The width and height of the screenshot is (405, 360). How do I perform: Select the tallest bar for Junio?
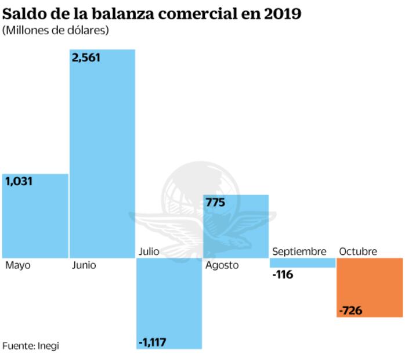pyautogui.click(x=103, y=154)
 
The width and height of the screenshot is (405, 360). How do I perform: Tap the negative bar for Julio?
pyautogui.click(x=169, y=303)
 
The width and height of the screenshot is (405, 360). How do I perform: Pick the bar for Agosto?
pyautogui.click(x=236, y=226)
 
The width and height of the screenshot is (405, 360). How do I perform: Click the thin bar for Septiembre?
pyautogui.click(x=303, y=263)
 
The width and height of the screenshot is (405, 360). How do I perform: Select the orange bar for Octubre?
pyautogui.click(x=370, y=287)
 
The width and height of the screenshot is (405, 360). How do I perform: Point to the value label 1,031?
pyautogui.click(x=19, y=181)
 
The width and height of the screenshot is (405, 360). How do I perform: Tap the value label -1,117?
pyautogui.click(x=153, y=341)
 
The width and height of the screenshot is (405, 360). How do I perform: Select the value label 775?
pyautogui.click(x=215, y=202)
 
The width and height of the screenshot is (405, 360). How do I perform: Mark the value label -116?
pyautogui.click(x=283, y=275)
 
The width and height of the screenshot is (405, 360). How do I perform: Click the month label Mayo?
pyautogui.click(x=18, y=265)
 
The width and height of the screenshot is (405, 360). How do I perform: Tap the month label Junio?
pyautogui.click(x=84, y=265)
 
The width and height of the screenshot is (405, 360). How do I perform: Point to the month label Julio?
pyautogui.click(x=149, y=251)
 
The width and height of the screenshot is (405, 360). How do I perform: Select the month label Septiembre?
pyautogui.click(x=299, y=251)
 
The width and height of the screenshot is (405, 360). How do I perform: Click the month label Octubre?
pyautogui.click(x=358, y=251)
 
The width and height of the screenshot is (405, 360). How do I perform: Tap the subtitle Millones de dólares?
pyautogui.click(x=56, y=30)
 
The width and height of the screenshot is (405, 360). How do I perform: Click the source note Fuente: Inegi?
pyautogui.click(x=30, y=345)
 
